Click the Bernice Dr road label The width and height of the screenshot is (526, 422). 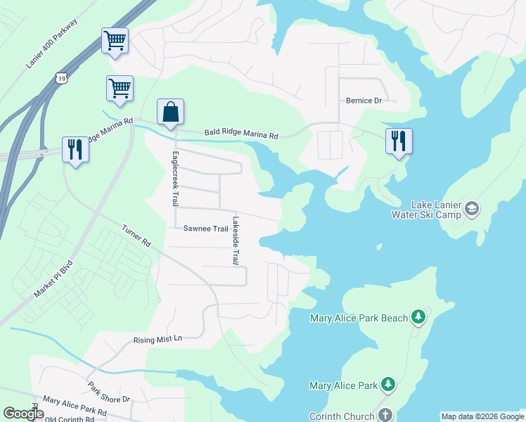363,101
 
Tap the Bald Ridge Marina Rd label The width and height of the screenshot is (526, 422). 241,134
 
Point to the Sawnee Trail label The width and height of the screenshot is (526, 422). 205,229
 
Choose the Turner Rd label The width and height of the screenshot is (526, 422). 136,236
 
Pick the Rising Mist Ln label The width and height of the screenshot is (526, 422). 158,339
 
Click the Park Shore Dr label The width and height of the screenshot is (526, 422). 109,392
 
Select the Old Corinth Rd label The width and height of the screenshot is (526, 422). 70,419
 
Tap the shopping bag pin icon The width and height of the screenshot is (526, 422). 170,112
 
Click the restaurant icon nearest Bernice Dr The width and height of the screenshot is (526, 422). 399,141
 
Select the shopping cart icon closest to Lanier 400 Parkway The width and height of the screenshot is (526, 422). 115,39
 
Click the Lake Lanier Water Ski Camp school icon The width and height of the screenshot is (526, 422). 471,208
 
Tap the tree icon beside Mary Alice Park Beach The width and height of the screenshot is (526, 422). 419,317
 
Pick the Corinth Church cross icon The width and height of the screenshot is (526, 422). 385,415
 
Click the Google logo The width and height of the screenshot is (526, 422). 23,414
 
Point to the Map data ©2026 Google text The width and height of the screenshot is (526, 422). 482,416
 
